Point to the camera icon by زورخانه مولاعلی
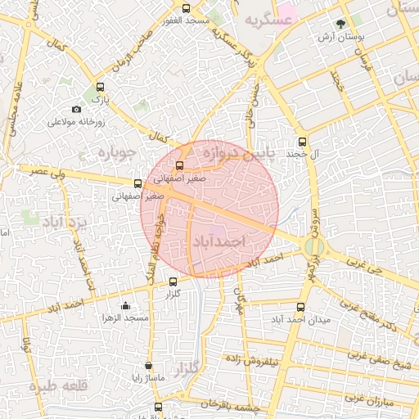(x=76, y=110)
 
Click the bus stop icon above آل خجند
(x=303, y=141)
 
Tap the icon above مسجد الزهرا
(x=124, y=306)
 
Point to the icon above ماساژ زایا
(x=148, y=366)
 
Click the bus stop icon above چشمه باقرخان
(x=157, y=407)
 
